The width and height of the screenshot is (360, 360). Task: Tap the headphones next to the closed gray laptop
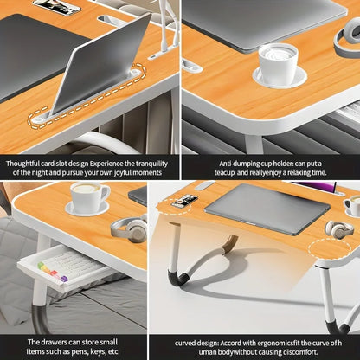click(338, 231)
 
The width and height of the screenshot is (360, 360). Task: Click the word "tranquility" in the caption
click(150, 163)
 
